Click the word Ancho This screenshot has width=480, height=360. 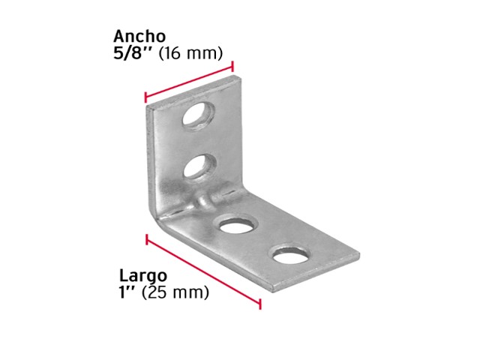point(139,37)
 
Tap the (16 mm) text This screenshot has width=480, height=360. point(190,53)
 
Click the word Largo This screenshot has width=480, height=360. point(143,276)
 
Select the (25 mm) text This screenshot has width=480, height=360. point(175,292)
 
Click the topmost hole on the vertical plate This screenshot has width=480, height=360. point(198,117)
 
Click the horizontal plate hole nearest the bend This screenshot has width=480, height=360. point(237,225)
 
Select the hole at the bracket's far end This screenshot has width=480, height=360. point(290,255)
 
